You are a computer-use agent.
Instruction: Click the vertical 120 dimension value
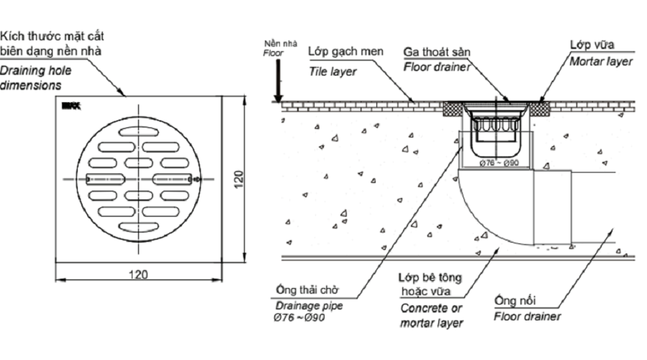(x=238, y=178)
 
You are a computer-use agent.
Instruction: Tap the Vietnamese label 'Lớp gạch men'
(x=340, y=53)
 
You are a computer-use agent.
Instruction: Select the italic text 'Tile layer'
(x=328, y=71)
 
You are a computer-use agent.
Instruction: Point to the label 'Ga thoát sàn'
(x=434, y=53)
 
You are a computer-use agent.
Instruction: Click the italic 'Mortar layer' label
(x=602, y=62)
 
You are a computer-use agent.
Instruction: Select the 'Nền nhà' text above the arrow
(x=275, y=45)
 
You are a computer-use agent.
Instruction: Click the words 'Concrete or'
(x=425, y=307)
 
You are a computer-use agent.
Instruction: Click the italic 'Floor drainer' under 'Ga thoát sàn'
(x=437, y=67)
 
